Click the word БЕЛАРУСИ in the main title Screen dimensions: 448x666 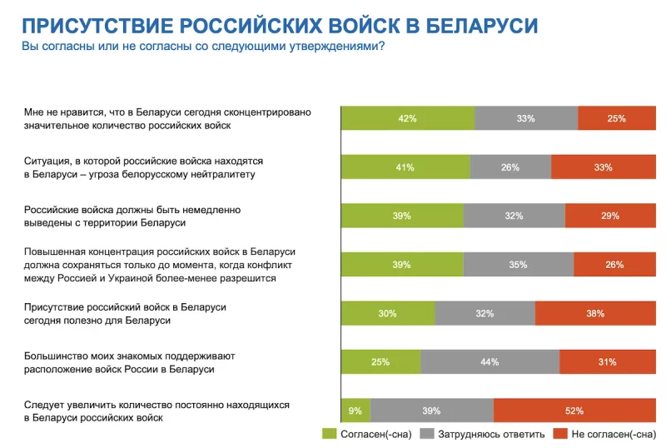[x=482, y=24]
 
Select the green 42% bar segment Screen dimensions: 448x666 [x=408, y=118]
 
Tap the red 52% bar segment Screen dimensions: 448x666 [x=574, y=410]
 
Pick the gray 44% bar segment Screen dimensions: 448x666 [x=490, y=361]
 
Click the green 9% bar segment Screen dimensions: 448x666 [x=355, y=410]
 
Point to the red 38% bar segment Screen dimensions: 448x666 [x=594, y=313]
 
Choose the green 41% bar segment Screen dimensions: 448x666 [x=405, y=167]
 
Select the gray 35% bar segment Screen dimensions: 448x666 [x=519, y=264]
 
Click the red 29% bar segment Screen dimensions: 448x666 [x=609, y=216]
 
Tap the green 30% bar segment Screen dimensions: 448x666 [x=388, y=313]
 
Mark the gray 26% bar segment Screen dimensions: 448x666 [x=510, y=167]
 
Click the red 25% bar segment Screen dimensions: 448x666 [x=616, y=118]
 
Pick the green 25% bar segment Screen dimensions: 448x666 [x=381, y=361]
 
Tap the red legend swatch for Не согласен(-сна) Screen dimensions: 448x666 [x=559, y=433]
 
